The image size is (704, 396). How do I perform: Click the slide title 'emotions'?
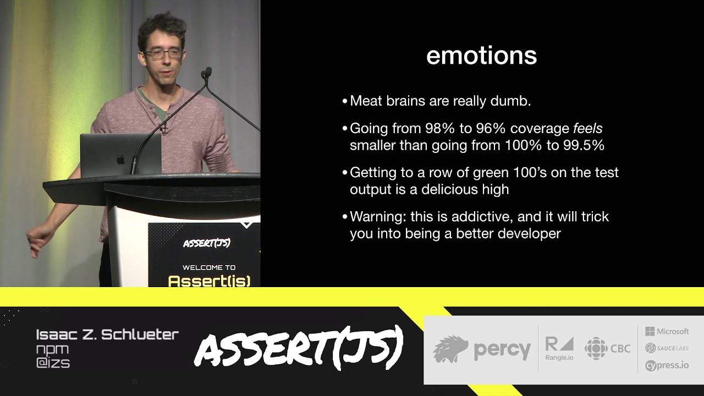tap(481, 56)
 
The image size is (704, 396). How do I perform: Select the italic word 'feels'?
tap(587, 129)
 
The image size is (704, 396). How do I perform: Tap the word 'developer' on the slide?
tap(529, 234)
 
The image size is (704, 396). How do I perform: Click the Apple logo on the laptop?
tap(120, 160)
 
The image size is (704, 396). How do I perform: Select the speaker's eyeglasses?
tap(163, 54)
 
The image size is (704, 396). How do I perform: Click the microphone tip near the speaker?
tap(207, 72)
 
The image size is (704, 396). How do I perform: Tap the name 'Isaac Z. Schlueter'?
tap(107, 334)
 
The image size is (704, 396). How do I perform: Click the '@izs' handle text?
tap(53, 363)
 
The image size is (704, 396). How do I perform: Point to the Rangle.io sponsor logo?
tap(559, 349)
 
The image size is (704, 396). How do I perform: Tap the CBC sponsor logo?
tap(607, 349)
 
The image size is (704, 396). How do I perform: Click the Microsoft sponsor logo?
tap(667, 331)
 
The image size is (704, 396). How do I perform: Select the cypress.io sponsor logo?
tap(667, 365)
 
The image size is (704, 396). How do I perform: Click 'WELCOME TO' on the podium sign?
tap(209, 268)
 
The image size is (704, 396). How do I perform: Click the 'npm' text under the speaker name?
tap(52, 349)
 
